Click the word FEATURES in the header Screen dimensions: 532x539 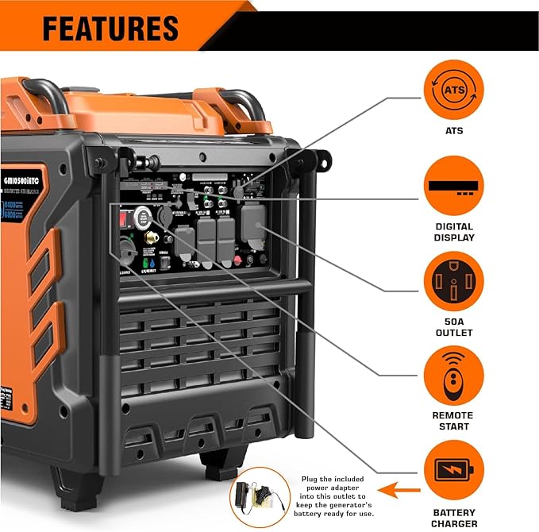110,28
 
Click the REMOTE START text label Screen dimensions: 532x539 453,421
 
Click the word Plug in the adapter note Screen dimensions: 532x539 311,480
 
